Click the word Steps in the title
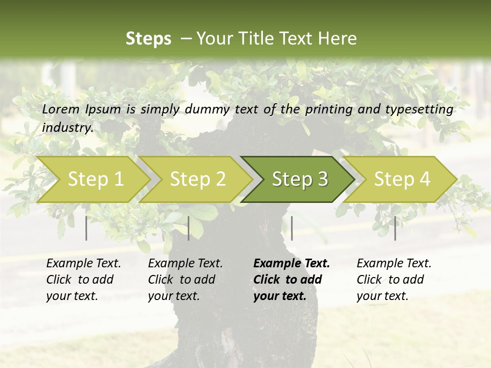(148, 39)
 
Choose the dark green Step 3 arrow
(300, 179)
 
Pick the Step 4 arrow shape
(402, 179)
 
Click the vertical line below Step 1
(86, 228)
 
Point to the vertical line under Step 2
(189, 228)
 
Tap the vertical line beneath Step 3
(292, 228)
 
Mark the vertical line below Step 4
(395, 228)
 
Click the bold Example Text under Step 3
(292, 280)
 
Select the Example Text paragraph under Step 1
(83, 280)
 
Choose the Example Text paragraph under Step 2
(185, 280)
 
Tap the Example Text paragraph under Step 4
(394, 280)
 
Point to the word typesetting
(422, 109)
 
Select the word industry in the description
(68, 128)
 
